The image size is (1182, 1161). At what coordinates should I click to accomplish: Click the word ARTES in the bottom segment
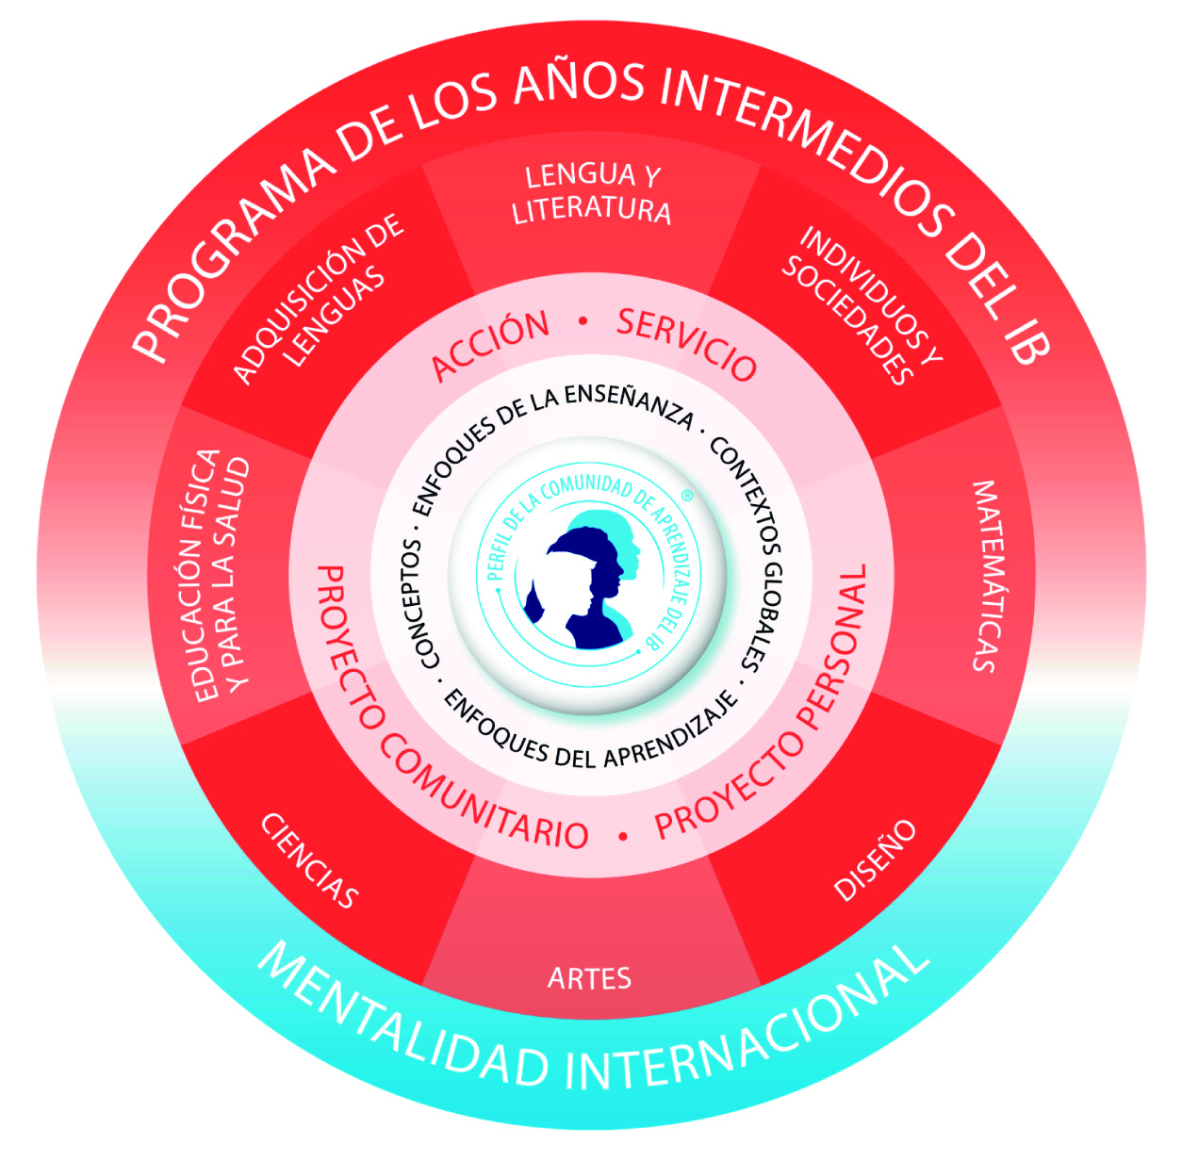pyautogui.click(x=589, y=978)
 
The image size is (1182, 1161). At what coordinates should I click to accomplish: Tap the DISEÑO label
pyautogui.click(x=875, y=859)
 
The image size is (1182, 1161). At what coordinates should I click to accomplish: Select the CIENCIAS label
pyautogui.click(x=309, y=860)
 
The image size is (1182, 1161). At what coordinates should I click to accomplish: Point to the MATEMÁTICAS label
pyautogui.click(x=984, y=576)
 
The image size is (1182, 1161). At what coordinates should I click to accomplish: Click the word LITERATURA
pyautogui.click(x=591, y=210)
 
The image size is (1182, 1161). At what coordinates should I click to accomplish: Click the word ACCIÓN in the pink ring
pyautogui.click(x=490, y=346)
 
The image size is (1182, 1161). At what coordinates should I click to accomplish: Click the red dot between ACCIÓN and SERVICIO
pyautogui.click(x=583, y=321)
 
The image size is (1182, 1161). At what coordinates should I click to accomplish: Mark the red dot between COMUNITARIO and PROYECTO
pyautogui.click(x=622, y=836)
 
